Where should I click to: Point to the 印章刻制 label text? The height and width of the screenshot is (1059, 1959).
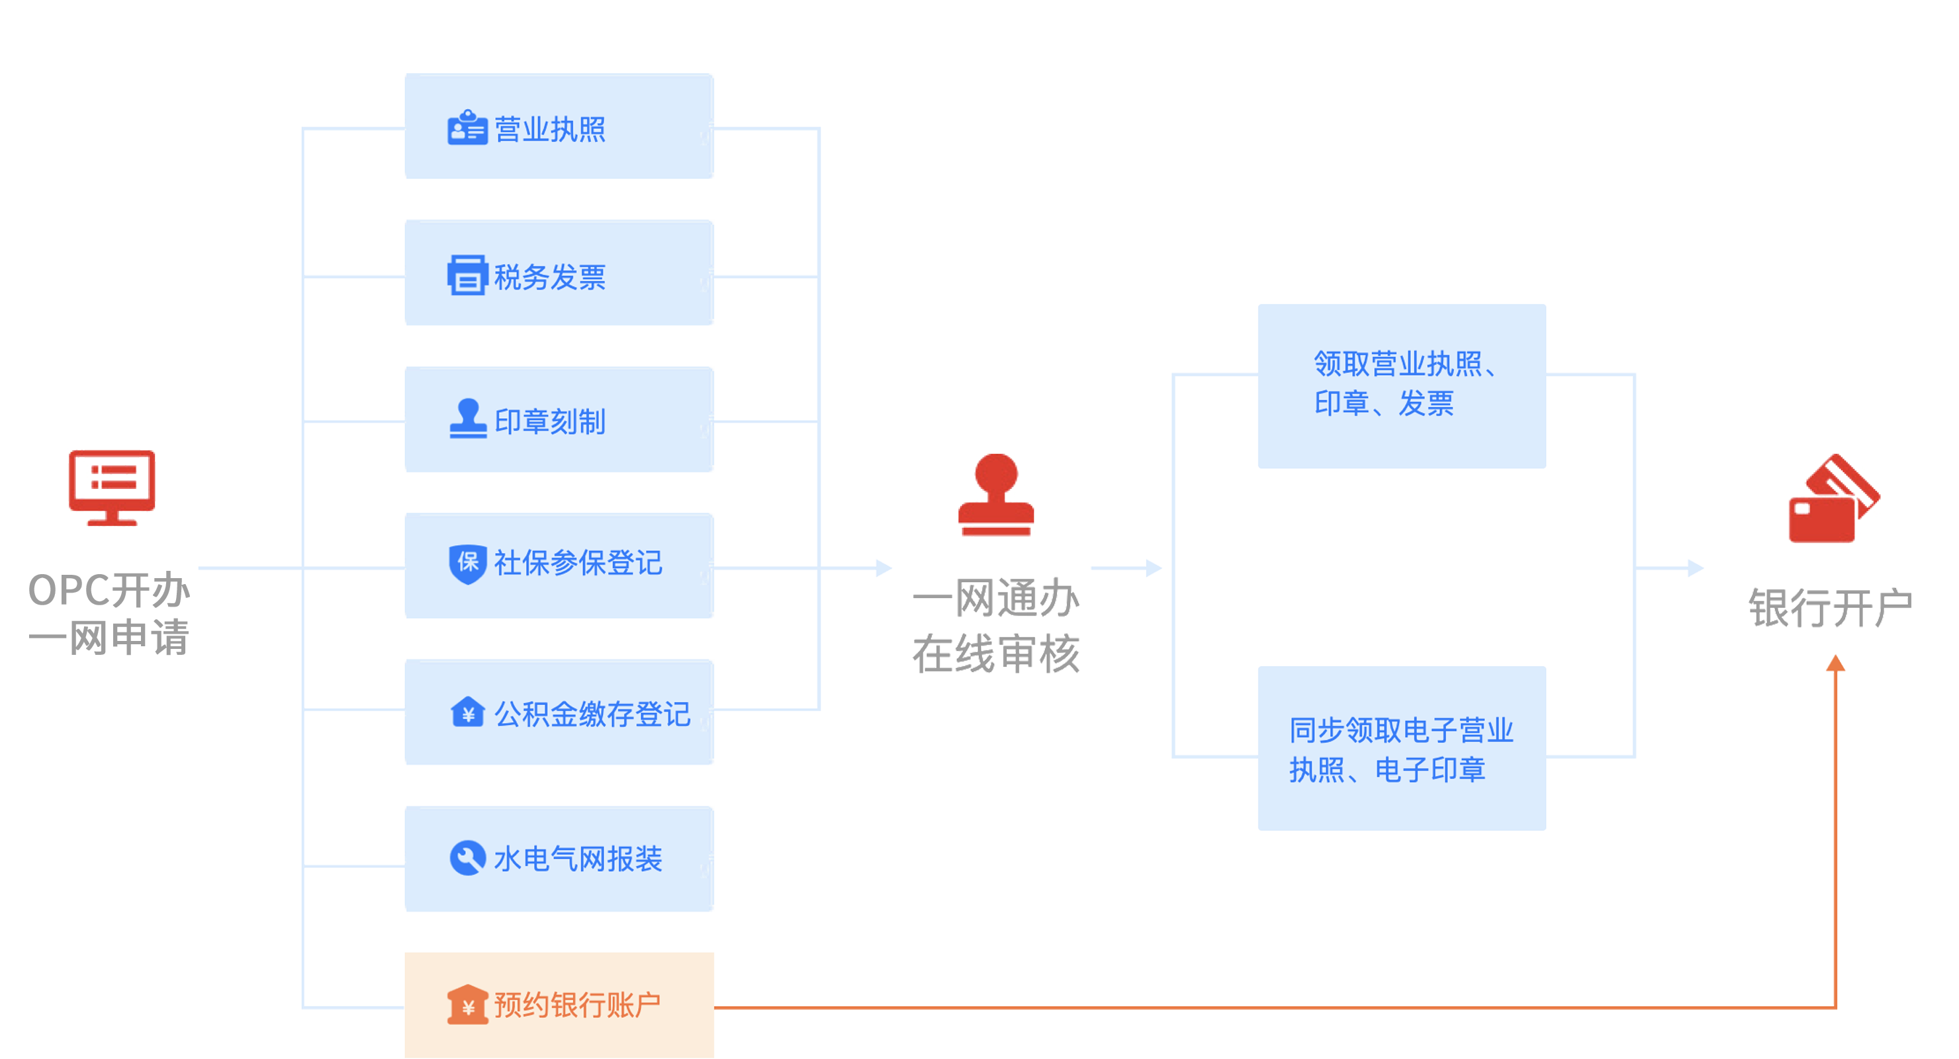549,422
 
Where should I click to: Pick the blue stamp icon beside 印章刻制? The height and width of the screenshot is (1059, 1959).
468,419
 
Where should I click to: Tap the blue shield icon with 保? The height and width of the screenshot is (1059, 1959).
468,564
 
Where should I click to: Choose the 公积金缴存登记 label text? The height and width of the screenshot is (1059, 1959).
592,714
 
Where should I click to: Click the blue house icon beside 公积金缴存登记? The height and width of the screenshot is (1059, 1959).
468,713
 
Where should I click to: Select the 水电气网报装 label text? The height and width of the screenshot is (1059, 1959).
578,859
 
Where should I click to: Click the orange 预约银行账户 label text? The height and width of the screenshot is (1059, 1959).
578,1005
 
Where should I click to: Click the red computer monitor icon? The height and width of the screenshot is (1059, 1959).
112,487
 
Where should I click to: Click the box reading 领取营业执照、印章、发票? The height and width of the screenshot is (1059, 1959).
1401,385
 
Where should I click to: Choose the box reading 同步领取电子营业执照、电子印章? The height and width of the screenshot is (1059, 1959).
1401,749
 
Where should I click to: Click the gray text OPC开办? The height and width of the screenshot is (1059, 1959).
109,590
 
